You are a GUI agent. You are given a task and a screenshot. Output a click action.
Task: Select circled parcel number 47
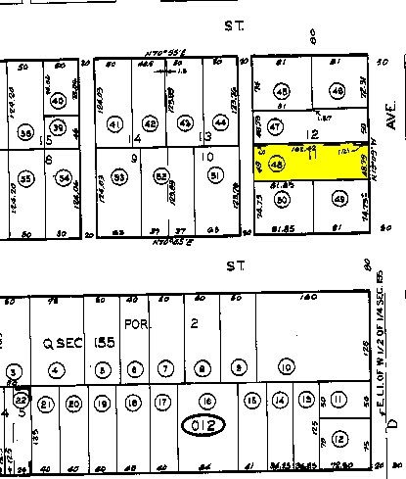(x=276, y=126)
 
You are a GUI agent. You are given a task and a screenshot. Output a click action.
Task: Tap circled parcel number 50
(x=282, y=200)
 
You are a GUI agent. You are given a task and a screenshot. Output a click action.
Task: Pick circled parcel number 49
(x=339, y=200)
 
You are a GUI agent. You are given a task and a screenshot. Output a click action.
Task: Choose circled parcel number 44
(x=221, y=124)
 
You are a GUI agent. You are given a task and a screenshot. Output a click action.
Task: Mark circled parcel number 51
(x=214, y=176)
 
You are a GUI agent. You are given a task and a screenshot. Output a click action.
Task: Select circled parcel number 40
(x=58, y=102)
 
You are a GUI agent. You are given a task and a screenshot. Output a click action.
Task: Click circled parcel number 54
(x=65, y=178)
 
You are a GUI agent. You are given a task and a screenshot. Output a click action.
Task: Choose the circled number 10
(x=286, y=368)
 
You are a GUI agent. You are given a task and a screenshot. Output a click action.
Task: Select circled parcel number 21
(x=44, y=403)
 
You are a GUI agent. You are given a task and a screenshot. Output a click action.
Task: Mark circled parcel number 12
(x=338, y=438)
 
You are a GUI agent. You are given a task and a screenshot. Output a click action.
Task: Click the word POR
(x=134, y=322)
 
